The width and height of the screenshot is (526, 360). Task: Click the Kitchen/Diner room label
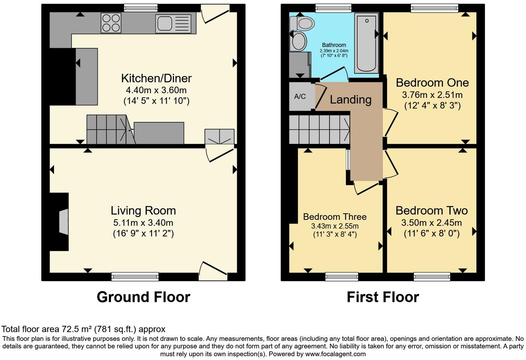pyautogui.click(x=156, y=78)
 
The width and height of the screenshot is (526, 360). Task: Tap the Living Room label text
pyautogui.click(x=143, y=210)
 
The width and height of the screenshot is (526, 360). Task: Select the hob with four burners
pyautogui.click(x=111, y=22)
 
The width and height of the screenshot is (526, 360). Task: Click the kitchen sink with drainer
pyautogui.click(x=173, y=24)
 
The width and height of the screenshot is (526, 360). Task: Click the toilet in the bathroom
pyautogui.click(x=302, y=24)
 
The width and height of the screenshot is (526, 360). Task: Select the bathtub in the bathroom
pyautogui.click(x=366, y=43)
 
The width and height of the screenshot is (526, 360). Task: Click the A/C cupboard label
pyautogui.click(x=300, y=97)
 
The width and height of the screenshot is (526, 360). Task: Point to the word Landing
pyautogui.click(x=351, y=100)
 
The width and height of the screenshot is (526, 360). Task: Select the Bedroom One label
pyautogui.click(x=432, y=83)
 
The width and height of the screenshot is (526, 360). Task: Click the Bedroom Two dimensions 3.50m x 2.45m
pyautogui.click(x=432, y=223)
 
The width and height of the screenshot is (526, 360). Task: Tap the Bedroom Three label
pyautogui.click(x=335, y=217)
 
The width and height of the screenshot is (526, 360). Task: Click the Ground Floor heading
pyautogui.click(x=143, y=297)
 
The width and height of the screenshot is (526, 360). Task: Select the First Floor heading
pyautogui.click(x=383, y=297)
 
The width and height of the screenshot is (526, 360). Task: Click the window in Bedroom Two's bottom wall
pyautogui.click(x=432, y=276)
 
